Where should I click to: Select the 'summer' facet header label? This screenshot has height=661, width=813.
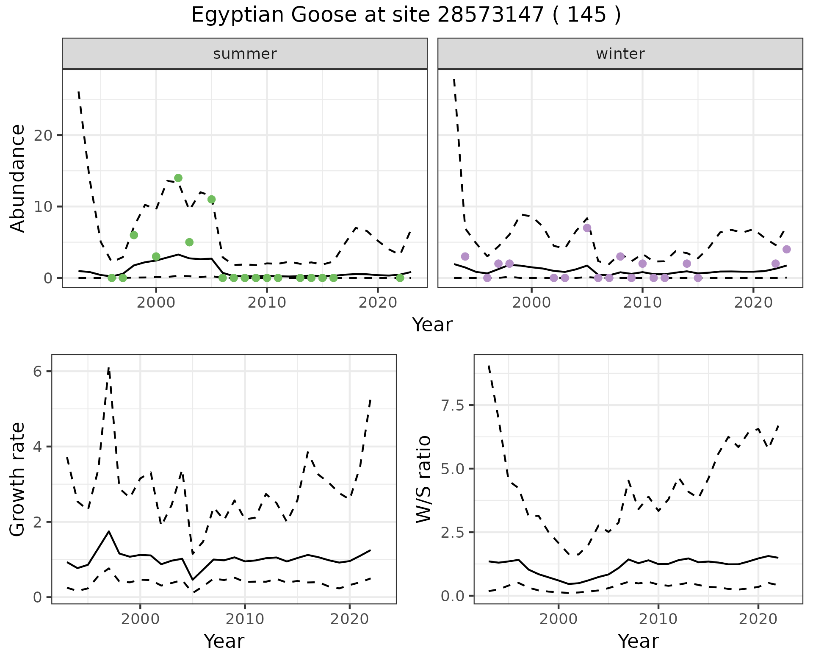pyautogui.click(x=245, y=54)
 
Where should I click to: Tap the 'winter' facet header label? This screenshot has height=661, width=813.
pyautogui.click(x=620, y=54)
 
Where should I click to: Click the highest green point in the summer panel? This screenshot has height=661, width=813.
pyautogui.click(x=178, y=178)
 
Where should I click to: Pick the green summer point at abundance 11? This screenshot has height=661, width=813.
pyautogui.click(x=212, y=200)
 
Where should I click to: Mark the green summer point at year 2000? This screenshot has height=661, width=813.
pyautogui.click(x=156, y=256)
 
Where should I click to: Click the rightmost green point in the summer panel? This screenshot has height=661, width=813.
pyautogui.click(x=400, y=278)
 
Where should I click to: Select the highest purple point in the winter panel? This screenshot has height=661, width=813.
pyautogui.click(x=587, y=228)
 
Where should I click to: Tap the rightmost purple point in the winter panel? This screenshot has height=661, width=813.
pyautogui.click(x=786, y=250)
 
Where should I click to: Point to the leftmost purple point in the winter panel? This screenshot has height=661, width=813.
pyautogui.click(x=465, y=256)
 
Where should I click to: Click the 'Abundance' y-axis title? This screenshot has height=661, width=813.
pyautogui.click(x=18, y=178)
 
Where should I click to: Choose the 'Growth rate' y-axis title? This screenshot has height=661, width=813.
pyautogui.click(x=18, y=480)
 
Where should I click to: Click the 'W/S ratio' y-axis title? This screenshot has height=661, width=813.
pyautogui.click(x=423, y=480)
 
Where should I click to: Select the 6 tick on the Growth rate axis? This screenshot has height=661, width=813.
pyautogui.click(x=37, y=372)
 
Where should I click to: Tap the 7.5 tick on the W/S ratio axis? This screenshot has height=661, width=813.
pyautogui.click(x=452, y=405)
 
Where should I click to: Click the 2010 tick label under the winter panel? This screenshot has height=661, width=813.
pyautogui.click(x=642, y=303)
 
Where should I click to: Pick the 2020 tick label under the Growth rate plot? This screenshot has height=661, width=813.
pyautogui.click(x=349, y=619)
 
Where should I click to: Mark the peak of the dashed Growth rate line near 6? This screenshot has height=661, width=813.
pyautogui.click(x=109, y=369)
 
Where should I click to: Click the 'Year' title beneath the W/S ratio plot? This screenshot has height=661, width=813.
pyautogui.click(x=638, y=641)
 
